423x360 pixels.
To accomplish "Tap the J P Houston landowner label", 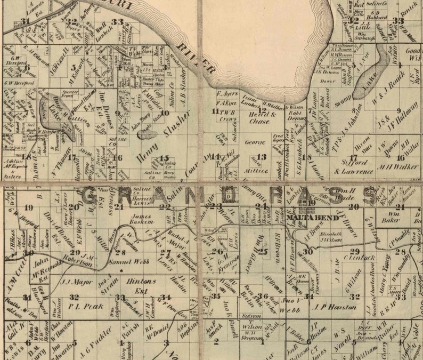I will [334, 307].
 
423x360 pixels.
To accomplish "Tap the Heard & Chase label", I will [263, 118].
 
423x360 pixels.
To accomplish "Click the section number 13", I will [261, 157].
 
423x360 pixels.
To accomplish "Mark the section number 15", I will [165, 158].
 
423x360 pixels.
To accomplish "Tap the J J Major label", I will [74, 281].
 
